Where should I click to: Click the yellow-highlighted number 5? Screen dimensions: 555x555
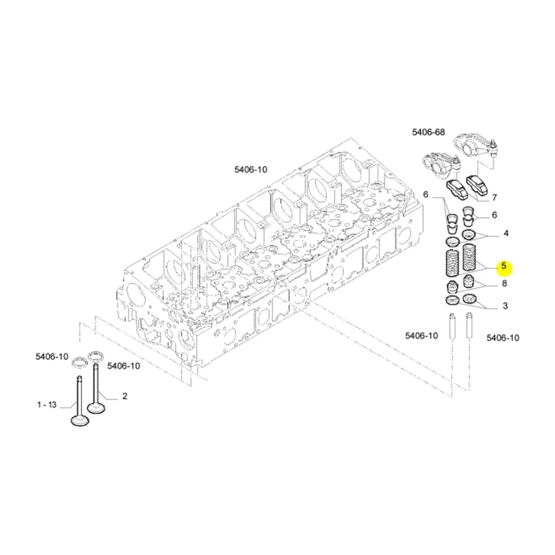(504, 265)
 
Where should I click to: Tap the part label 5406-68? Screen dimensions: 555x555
(428, 133)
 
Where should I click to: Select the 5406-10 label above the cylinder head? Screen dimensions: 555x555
(251, 169)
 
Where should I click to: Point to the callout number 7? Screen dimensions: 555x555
(495, 198)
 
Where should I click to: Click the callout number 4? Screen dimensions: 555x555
(506, 233)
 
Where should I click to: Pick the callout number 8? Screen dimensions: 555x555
(504, 284)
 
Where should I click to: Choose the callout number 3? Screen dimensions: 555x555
(505, 306)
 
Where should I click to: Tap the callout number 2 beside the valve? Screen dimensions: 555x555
(124, 396)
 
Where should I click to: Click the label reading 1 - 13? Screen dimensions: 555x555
(47, 405)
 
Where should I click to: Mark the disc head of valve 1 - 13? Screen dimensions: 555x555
(80, 420)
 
